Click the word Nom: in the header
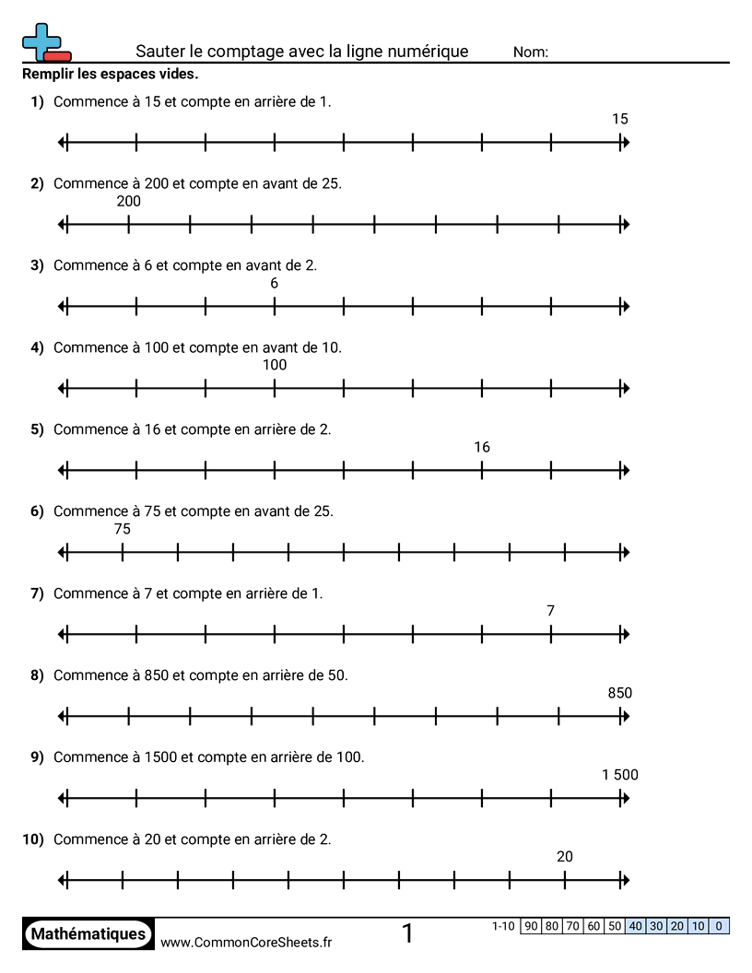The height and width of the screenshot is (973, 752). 531,53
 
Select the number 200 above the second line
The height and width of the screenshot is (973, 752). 129,202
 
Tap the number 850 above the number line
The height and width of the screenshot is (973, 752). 620,693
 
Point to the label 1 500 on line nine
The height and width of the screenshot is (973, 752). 620,775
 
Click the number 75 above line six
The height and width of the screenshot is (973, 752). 123,529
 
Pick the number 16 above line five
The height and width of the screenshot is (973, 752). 482,448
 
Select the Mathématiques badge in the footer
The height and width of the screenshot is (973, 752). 88,933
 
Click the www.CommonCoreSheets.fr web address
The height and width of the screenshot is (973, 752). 246,942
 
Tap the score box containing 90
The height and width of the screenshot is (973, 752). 532,926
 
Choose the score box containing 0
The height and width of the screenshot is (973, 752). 719,926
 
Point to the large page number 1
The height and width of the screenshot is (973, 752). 407,933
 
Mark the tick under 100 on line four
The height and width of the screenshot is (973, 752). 275,389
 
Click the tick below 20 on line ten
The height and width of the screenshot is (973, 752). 565,881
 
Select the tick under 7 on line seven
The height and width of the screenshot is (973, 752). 551,635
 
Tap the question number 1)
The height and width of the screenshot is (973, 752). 37,101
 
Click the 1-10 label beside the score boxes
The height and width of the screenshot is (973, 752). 504,926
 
